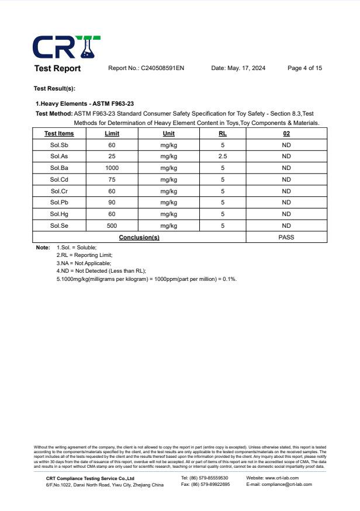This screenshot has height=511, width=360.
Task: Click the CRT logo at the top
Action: [67, 47]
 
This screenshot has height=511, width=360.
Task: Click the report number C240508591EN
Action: [146, 68]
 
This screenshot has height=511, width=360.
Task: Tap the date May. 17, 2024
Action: [238, 68]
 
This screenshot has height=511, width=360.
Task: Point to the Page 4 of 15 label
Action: [304, 68]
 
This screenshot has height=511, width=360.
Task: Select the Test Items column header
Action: [59, 134]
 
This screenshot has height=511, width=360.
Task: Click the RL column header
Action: [223, 134]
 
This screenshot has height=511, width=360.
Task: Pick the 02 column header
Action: [286, 134]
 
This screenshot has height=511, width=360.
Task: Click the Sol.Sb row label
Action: [59, 145]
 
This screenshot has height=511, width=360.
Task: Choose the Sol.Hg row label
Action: [59, 214]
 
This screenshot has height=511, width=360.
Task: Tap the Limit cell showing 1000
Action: [112, 168]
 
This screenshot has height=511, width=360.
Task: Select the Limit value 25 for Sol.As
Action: [112, 157]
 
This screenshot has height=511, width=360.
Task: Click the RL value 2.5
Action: [223, 157]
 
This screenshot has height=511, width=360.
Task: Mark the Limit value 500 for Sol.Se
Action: [112, 225]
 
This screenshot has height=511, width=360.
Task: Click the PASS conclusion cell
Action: [286, 237]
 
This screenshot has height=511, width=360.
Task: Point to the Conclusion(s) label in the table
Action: [139, 238]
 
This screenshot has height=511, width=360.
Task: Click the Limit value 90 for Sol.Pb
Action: [112, 203]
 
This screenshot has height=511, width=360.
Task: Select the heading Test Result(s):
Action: [55, 89]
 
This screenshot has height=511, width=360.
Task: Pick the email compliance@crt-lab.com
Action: [279, 484]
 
